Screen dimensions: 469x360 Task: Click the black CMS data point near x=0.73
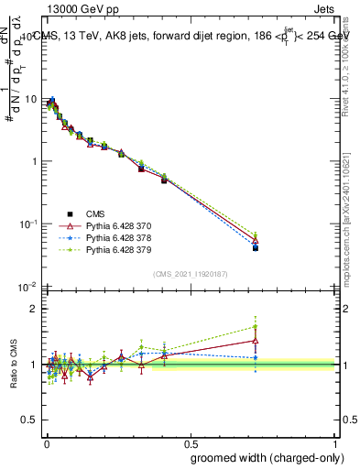click(x=256, y=248)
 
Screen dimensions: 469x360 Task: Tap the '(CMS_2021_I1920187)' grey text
click(x=191, y=273)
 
